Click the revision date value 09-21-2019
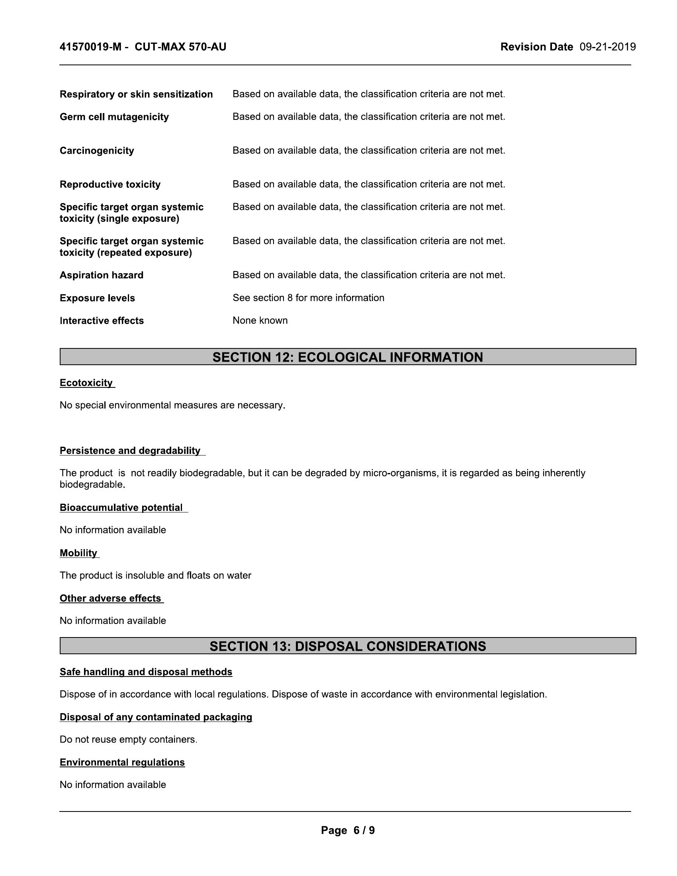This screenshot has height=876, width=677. [x=607, y=47]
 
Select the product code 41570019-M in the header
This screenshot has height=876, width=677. [x=90, y=47]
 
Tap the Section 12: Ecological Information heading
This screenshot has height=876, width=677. [x=347, y=357]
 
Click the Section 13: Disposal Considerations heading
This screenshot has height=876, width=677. [x=347, y=646]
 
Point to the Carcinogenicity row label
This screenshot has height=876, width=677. [x=97, y=151]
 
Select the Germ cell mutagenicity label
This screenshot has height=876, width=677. [x=114, y=117]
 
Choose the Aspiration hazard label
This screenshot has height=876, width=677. [x=102, y=275]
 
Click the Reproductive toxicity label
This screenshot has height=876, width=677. [x=110, y=184]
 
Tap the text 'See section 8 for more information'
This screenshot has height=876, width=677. [x=308, y=297]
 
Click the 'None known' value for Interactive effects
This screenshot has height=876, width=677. [x=260, y=321]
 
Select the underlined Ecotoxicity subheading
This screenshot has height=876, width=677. [x=86, y=383]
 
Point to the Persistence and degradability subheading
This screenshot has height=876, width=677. [x=130, y=450]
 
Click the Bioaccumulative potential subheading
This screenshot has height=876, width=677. [x=121, y=507]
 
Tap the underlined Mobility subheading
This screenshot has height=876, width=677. [x=78, y=553]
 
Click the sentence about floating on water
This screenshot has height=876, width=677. [x=155, y=576]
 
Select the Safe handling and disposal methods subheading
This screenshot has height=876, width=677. [x=146, y=672]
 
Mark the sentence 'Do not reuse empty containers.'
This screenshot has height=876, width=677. [x=128, y=739]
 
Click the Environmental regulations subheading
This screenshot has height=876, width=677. [x=122, y=762]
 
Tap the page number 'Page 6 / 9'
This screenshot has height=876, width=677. [x=347, y=830]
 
